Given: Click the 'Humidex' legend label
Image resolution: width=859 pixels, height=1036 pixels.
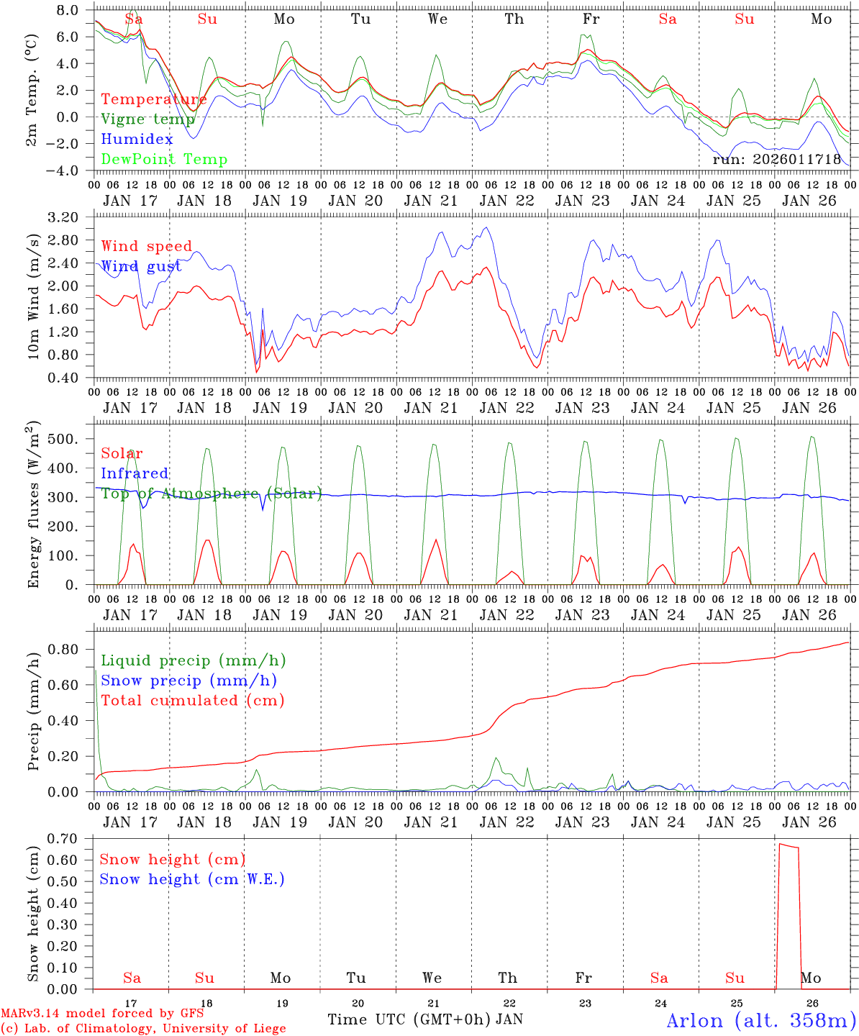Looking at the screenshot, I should pyautogui.click(x=137, y=139).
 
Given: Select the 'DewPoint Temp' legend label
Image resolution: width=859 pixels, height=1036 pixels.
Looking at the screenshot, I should pyautogui.click(x=164, y=159).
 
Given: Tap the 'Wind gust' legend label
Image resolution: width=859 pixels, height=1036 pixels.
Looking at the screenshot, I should pyautogui.click(x=141, y=266).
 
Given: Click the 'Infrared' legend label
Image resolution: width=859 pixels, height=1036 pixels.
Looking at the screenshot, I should pyautogui.click(x=135, y=473).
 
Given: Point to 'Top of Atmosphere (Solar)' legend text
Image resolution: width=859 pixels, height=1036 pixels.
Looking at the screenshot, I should pyautogui.click(x=211, y=493).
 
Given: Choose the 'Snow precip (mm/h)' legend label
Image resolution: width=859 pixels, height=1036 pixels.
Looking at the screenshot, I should pyautogui.click(x=188, y=680).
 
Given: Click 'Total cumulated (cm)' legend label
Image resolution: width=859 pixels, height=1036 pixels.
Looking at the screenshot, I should pyautogui.click(x=192, y=700).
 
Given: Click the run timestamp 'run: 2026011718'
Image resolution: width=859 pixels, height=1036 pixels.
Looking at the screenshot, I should pyautogui.click(x=776, y=159).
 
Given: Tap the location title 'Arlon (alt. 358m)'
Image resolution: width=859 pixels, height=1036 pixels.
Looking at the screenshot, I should pyautogui.click(x=761, y=1020).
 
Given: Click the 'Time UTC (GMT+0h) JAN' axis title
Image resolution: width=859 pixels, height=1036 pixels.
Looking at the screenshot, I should pyautogui.click(x=424, y=1019).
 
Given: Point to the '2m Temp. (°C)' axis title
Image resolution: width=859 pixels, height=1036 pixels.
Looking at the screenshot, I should pyautogui.click(x=32, y=90).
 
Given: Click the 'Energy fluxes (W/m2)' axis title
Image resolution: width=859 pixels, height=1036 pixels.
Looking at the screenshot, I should pyautogui.click(x=32, y=506).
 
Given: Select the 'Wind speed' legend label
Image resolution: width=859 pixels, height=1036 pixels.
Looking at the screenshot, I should pyautogui.click(x=147, y=246).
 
